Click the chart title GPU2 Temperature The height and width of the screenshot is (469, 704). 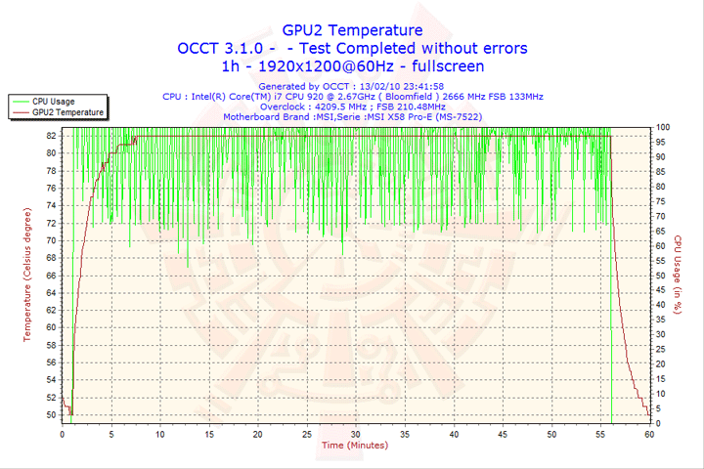(352, 30)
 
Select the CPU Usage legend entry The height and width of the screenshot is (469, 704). (54, 101)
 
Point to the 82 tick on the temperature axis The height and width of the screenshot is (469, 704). (51, 136)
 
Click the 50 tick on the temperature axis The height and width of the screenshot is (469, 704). (51, 414)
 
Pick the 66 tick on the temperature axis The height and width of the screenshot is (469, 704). (51, 276)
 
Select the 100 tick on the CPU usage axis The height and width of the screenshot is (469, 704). (663, 127)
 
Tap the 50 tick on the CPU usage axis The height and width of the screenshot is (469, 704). (661, 276)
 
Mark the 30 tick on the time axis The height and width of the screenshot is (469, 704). (356, 434)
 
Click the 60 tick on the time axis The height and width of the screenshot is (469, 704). (649, 434)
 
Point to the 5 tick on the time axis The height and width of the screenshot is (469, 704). (111, 434)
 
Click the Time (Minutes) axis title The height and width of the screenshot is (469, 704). (355, 446)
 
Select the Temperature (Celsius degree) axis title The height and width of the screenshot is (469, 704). (27, 274)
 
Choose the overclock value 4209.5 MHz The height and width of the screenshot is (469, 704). (331, 107)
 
